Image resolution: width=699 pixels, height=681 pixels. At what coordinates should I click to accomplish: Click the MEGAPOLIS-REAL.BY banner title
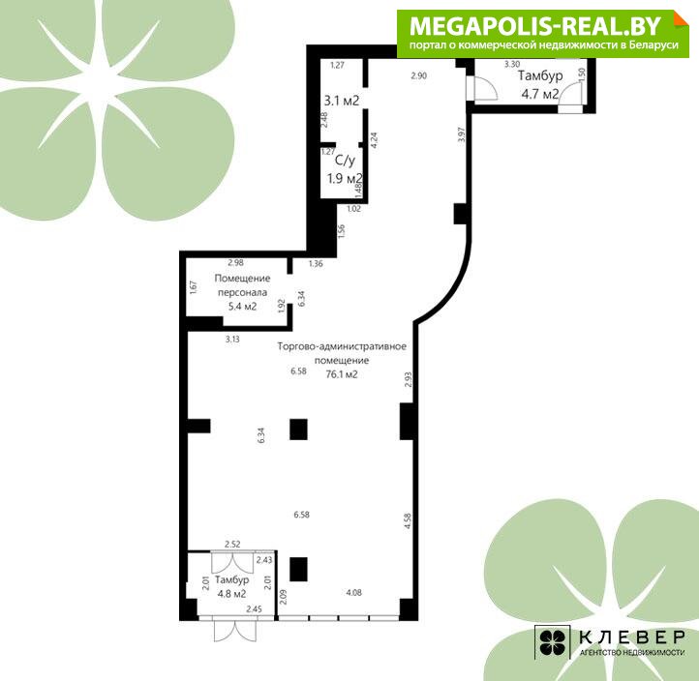pos(535,27)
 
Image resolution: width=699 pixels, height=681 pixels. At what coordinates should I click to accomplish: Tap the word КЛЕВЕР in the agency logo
pos(632,637)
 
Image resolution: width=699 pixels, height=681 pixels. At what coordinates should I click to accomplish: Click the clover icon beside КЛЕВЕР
pos(553,642)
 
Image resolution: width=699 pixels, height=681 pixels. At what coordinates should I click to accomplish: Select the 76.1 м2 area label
pos(342,374)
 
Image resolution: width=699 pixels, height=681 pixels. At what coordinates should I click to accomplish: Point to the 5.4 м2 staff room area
pos(242,307)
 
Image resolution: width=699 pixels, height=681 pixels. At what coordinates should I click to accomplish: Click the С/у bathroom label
pos(345,161)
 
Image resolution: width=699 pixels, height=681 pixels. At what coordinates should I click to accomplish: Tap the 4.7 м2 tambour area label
pos(540,94)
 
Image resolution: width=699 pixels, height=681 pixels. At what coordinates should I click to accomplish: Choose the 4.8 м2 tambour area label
pos(231,594)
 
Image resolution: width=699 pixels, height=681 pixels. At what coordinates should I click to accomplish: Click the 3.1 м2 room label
pos(342,102)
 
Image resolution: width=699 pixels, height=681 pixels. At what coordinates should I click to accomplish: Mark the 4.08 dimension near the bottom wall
pos(354,592)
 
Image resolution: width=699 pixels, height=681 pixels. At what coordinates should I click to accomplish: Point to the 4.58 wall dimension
pos(408,521)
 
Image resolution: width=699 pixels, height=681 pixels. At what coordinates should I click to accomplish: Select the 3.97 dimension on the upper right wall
pos(462,134)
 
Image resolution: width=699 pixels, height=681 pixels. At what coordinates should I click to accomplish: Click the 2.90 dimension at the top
pos(419,75)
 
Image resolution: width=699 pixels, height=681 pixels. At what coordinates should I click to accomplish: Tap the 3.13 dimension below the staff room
pos(232,339)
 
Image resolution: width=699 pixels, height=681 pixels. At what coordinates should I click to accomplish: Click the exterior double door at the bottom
pos(235,630)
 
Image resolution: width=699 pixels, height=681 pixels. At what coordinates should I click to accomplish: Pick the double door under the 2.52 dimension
pos(232,563)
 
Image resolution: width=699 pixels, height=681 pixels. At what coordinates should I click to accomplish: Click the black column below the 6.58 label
pos(299,429)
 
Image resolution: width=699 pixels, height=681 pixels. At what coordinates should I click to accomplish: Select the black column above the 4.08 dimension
pos(299,569)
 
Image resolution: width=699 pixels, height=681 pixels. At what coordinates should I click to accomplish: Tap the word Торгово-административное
pos(342,346)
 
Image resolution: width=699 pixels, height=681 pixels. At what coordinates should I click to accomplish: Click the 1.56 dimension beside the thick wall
pos(341,231)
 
